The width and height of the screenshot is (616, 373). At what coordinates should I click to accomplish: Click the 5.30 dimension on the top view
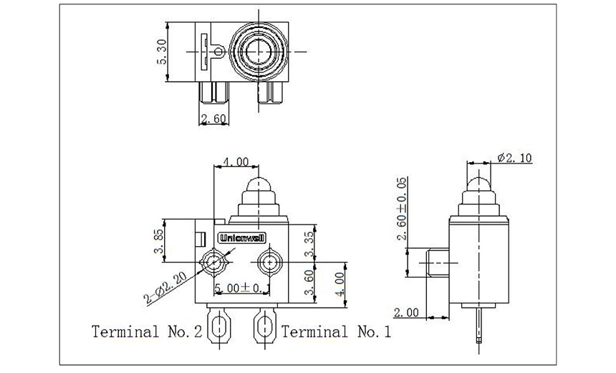coord(163,52)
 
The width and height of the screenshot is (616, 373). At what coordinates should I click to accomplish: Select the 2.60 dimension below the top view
coord(213,118)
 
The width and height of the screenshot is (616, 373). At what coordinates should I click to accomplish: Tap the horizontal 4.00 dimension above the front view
coord(236,162)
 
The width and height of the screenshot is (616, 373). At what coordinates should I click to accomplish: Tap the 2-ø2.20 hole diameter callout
coord(167,286)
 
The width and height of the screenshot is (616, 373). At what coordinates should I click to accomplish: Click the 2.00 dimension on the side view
coord(405,311)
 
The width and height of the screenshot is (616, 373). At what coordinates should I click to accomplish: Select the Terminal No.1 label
coord(337,331)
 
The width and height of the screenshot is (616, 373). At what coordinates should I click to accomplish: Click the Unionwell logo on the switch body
coord(241,237)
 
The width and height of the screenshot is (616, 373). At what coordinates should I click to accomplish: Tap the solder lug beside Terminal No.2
coord(218,329)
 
